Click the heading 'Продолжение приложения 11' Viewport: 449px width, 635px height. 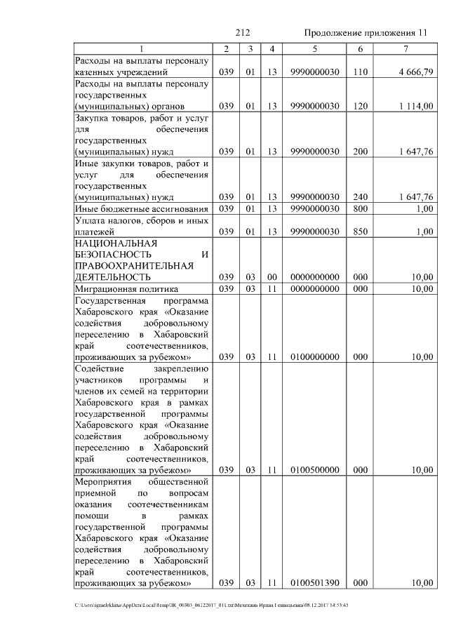click(x=365, y=33)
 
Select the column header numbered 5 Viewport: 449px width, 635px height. click(x=314, y=48)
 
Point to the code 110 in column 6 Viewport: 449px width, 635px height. click(x=360, y=72)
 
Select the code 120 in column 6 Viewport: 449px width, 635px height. click(x=360, y=106)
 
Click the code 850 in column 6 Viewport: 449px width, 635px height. click(x=360, y=232)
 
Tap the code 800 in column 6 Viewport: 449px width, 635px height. click(x=360, y=208)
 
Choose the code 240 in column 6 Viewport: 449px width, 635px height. click(x=360, y=196)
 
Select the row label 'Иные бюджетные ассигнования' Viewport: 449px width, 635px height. click(x=142, y=208)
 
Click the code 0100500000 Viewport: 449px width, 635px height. click(x=314, y=469)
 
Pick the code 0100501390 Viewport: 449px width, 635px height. click(x=314, y=583)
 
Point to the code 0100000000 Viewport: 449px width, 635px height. click(x=314, y=356)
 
